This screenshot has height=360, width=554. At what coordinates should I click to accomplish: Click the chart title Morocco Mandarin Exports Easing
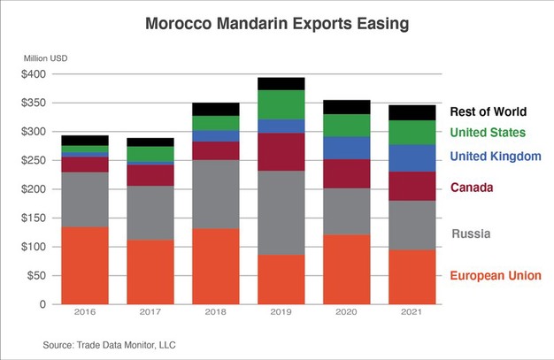(277, 24)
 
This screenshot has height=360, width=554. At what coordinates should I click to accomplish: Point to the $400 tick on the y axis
(35, 74)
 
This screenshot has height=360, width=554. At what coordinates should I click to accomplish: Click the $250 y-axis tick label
(35, 160)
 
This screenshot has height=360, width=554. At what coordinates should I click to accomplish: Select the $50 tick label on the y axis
(37, 275)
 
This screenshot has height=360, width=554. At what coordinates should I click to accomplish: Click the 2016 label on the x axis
(84, 313)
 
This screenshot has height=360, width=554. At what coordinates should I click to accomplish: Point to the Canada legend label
(472, 188)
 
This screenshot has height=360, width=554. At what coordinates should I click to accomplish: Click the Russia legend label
(471, 234)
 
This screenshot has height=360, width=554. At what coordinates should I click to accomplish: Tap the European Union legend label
(495, 277)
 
